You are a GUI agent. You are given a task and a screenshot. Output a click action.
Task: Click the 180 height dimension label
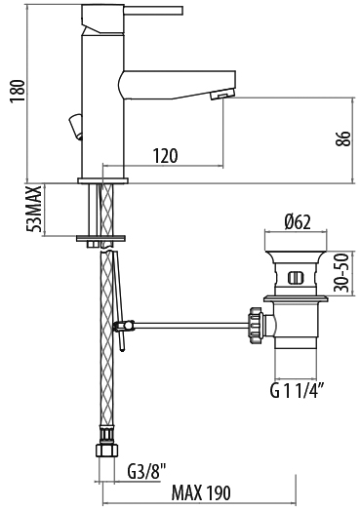click(18, 92)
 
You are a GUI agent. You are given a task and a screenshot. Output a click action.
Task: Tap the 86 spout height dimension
click(343, 138)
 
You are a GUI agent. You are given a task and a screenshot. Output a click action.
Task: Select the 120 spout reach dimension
click(165, 156)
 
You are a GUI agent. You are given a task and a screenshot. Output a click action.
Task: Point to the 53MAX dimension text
click(34, 209)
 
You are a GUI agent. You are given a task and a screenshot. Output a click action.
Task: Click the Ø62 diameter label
click(298, 222)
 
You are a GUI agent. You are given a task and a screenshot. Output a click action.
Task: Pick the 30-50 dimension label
click(341, 273)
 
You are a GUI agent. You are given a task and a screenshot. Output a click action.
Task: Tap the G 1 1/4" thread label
click(297, 390)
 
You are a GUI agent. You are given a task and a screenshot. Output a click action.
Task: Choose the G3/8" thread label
click(146, 471)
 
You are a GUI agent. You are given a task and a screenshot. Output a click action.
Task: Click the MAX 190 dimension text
click(201, 492)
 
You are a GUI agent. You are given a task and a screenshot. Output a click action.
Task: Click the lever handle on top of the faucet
click(153, 11)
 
